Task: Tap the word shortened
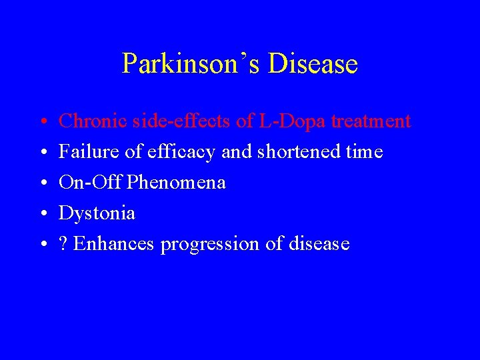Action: pyautogui.click(x=295, y=152)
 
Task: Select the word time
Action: pyautogui.click(x=365, y=152)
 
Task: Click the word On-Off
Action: pyautogui.click(x=89, y=183)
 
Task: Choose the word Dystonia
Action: pyautogui.click(x=97, y=213)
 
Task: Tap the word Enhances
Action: pyautogui.click(x=114, y=244)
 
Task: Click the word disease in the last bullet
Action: pyautogui.click(x=319, y=244)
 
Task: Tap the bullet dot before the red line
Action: pyautogui.click(x=41, y=123)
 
